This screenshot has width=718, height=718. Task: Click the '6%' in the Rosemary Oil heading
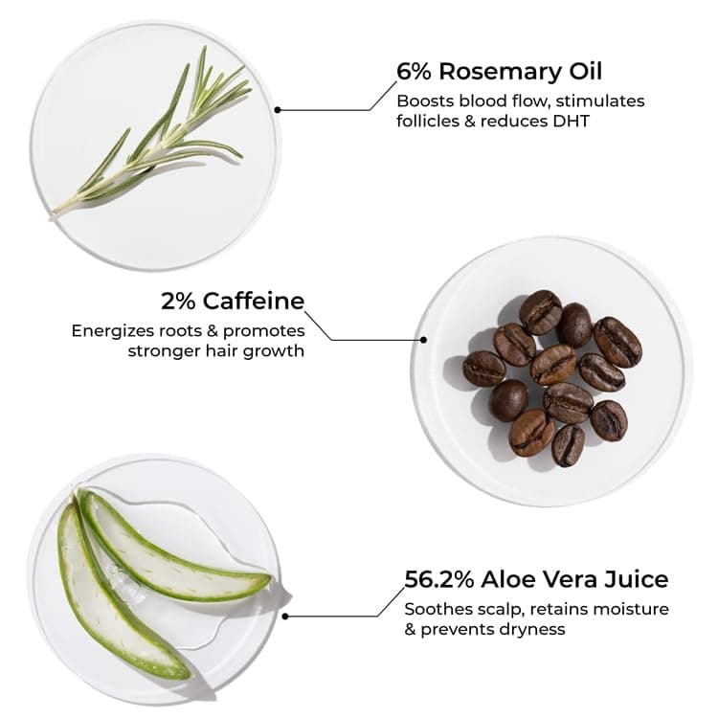[x=415, y=72]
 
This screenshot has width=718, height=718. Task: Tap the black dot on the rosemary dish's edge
[x=278, y=109]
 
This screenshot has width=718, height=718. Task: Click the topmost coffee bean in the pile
[x=541, y=310]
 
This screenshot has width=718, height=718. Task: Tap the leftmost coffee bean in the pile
[x=483, y=369]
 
